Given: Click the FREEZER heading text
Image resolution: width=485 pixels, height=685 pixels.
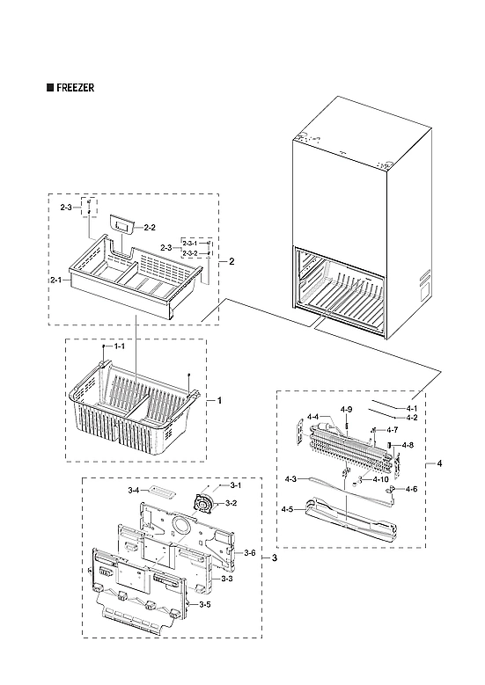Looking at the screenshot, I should pyautogui.click(x=73, y=89).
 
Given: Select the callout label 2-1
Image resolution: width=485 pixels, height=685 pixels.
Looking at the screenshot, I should pyautogui.click(x=55, y=279).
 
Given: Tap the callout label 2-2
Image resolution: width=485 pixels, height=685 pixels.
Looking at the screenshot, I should pyautogui.click(x=150, y=228).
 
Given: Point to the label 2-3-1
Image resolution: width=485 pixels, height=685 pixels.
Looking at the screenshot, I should pyautogui.click(x=190, y=243).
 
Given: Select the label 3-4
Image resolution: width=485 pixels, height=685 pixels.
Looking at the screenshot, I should pyautogui.click(x=133, y=490).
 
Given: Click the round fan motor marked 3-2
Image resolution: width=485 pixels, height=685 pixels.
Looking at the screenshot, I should pyautogui.click(x=206, y=503).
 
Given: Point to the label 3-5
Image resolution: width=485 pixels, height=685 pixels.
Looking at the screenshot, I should pyautogui.click(x=204, y=605).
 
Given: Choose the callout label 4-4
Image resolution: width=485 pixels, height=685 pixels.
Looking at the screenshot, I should pyautogui.click(x=312, y=417).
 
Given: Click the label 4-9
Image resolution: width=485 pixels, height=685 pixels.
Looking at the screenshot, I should pyautogui.click(x=347, y=410).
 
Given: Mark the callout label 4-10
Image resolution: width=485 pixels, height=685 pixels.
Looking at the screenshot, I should pyautogui.click(x=380, y=479).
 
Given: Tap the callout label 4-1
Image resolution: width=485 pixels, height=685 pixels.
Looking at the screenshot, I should pyautogui.click(x=412, y=409).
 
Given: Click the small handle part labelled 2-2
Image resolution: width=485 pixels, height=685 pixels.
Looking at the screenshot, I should pyautogui.click(x=121, y=226).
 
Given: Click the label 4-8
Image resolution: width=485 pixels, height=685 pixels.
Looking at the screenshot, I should pyautogui.click(x=408, y=446).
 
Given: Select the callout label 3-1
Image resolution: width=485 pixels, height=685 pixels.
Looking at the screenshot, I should pyautogui.click(x=236, y=485).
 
